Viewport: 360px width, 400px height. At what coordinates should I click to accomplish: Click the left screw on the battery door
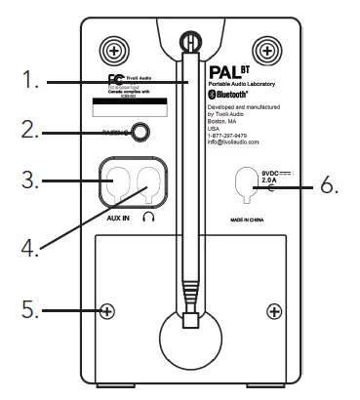click(x=107, y=312)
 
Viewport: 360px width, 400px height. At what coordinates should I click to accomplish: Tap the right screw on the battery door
click(x=274, y=312)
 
